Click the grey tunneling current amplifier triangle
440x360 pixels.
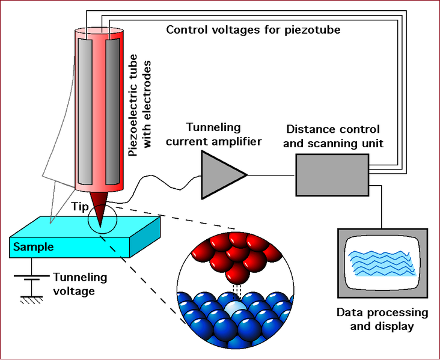pos(220,174)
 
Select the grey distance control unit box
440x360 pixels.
pos(332,174)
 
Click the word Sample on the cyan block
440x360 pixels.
pos(34,247)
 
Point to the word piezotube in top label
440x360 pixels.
pos(317,29)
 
